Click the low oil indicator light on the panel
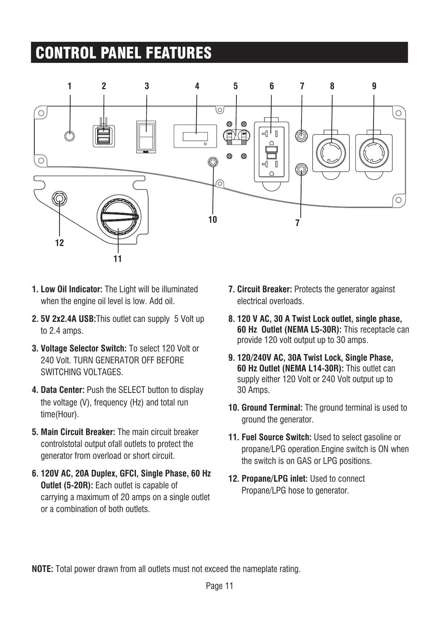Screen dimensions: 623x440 [x=69, y=136]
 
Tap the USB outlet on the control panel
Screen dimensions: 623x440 [x=103, y=136]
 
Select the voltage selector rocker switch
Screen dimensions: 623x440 [x=146, y=137]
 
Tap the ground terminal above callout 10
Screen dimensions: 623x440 [x=213, y=162]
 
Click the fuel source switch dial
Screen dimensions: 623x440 [x=118, y=216]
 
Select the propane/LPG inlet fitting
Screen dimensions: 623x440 [x=59, y=199]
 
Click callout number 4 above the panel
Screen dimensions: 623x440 [x=197, y=86]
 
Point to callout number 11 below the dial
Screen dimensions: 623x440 [x=117, y=259]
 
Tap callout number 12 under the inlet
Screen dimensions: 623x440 [x=59, y=243]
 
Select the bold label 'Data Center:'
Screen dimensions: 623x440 [x=63, y=390]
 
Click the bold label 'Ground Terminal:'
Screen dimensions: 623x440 [x=272, y=408]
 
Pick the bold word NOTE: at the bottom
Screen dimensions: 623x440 [x=43, y=569]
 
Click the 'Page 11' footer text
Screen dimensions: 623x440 [x=219, y=586]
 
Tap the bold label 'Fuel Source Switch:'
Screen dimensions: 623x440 [x=276, y=437]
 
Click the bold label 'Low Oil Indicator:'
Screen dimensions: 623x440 [x=71, y=289]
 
